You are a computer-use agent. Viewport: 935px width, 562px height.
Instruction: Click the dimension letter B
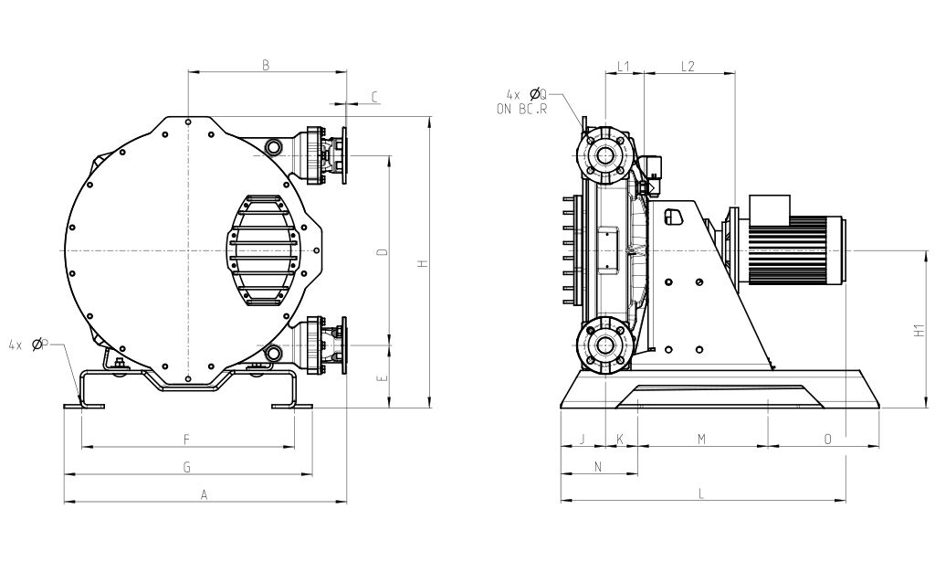tap(266, 65)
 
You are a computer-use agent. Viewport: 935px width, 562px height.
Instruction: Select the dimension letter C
tap(375, 97)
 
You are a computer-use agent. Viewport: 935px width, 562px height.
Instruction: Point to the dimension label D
tap(383, 252)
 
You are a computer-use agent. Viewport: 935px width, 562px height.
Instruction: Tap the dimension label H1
tap(919, 331)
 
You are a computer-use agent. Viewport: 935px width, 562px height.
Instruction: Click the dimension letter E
tap(383, 377)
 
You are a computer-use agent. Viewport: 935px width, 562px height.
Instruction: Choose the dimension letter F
tap(186, 440)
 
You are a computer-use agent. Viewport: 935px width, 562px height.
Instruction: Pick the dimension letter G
tap(186, 467)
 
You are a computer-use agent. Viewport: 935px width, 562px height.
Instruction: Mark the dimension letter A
tap(204, 494)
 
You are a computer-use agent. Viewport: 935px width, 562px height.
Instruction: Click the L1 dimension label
tap(624, 66)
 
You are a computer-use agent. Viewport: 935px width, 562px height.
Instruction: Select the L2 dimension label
tap(688, 66)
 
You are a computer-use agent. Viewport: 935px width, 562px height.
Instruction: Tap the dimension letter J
tap(583, 440)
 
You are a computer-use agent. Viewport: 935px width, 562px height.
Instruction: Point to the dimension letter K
tap(620, 440)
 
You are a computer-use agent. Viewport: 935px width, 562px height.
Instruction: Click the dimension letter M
tap(702, 440)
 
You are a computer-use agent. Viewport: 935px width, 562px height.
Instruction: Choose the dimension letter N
tap(598, 467)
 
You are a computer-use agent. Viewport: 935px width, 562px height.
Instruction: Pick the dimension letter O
tap(827, 440)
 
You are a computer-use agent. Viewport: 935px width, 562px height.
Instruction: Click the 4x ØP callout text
tap(28, 345)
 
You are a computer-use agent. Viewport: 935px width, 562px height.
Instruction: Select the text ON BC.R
tap(521, 109)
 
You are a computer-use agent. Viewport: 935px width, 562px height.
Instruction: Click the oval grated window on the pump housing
tap(262, 250)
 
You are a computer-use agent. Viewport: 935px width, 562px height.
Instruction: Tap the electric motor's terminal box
tap(769, 210)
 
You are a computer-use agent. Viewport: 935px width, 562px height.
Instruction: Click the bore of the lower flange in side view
tap(605, 346)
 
